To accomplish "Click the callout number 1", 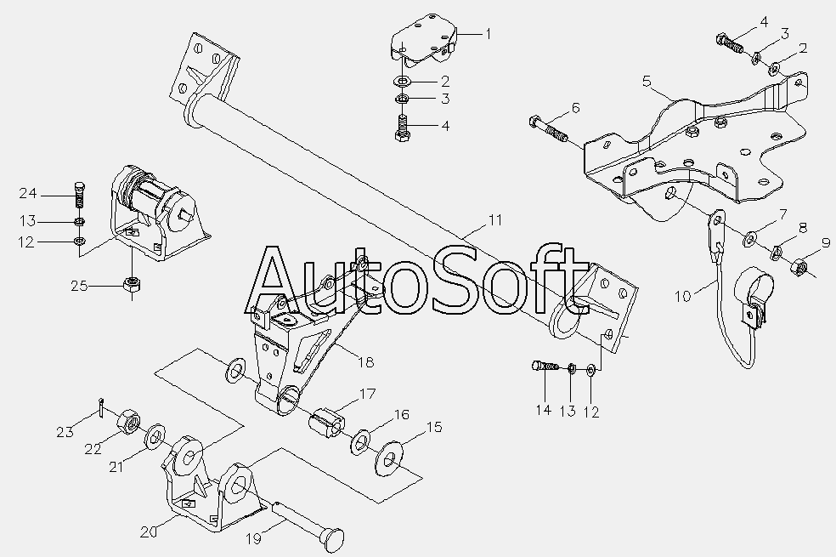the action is click(488, 34).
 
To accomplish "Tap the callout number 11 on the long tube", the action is click(495, 219).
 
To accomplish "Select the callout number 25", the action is click(80, 286).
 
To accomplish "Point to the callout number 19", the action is click(254, 538).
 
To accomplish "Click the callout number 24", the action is click(28, 193).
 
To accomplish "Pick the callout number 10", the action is click(683, 296).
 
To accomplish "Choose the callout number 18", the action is click(365, 362).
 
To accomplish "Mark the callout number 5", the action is click(647, 81).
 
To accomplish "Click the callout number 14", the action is click(543, 410).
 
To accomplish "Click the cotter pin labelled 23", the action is click(101, 406).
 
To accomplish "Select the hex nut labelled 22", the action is click(128, 421).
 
